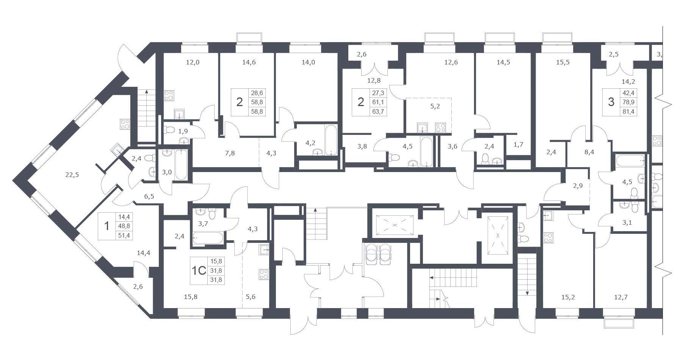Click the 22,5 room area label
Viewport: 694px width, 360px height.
[x=72, y=175]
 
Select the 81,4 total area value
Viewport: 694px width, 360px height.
[x=628, y=111]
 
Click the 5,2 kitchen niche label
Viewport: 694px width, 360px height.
[x=435, y=106]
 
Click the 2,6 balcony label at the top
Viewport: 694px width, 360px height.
[x=362, y=54]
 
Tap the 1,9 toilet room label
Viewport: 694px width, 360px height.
[x=183, y=131]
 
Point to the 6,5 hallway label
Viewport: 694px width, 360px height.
[x=149, y=196]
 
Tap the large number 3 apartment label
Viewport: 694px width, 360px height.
[x=611, y=102]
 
